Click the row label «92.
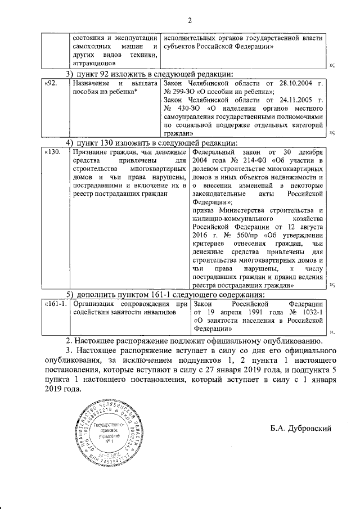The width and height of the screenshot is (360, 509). [51, 83]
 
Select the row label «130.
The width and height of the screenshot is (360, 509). [53, 152]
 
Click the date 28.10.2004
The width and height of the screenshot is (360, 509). [294, 83]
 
